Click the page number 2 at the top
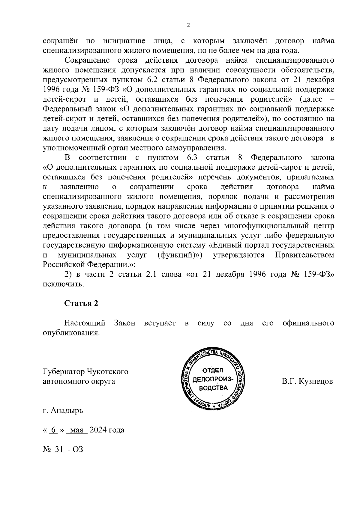click(x=188, y=25)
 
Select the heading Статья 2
click(x=81, y=303)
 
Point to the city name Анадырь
click(x=67, y=410)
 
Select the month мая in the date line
click(x=76, y=430)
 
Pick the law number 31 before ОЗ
click(x=59, y=450)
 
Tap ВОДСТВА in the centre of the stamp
click(x=213, y=388)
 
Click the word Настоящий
click(x=85, y=323)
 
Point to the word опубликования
click(x=71, y=333)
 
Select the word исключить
click(x=63, y=284)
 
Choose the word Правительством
click(x=304, y=255)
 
